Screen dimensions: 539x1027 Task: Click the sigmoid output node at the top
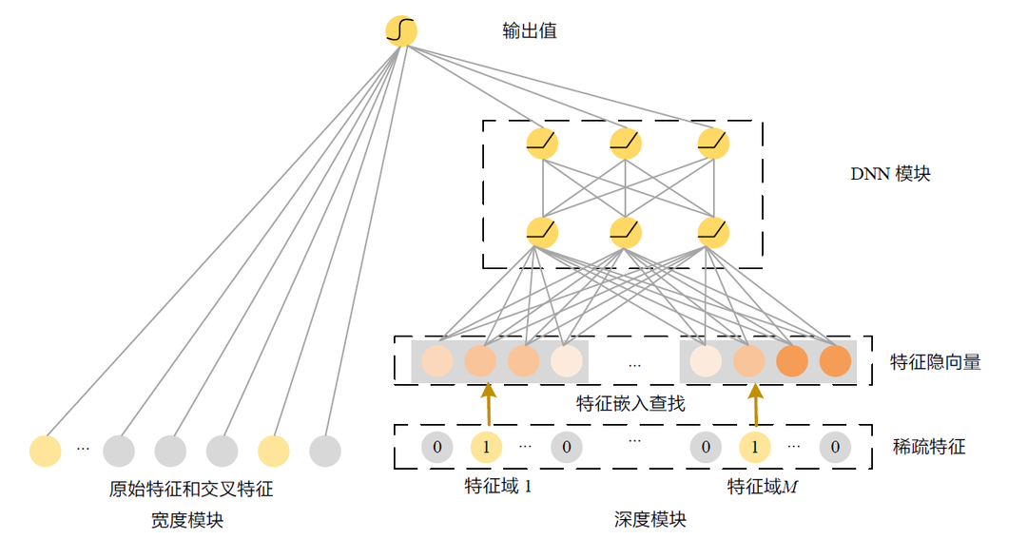(401, 31)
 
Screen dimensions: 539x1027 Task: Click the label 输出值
(530, 31)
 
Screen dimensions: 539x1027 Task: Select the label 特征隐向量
(935, 362)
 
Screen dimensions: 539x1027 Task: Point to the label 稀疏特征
(928, 446)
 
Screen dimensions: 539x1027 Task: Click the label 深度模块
(650, 520)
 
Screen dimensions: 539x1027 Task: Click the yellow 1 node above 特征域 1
(486, 446)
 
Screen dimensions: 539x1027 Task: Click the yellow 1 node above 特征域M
(755, 446)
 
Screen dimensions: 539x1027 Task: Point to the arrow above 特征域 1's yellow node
(489, 405)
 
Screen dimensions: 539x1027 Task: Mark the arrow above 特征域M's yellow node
(756, 405)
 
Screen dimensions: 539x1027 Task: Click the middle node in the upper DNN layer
(625, 144)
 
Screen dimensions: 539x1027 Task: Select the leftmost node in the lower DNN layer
(542, 230)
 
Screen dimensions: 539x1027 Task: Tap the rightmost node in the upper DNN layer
(712, 144)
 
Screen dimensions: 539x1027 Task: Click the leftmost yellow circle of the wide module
(45, 451)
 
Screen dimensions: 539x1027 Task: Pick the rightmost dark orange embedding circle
(835, 361)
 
